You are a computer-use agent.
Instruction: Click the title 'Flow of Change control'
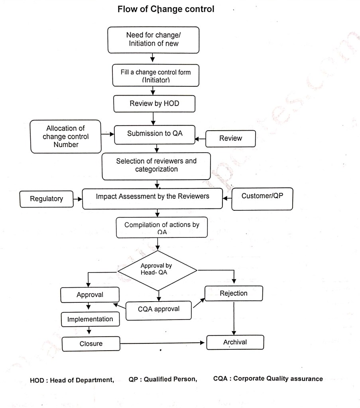click(166, 9)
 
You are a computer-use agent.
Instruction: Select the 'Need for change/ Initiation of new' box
click(153, 40)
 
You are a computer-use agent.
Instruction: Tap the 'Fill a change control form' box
click(155, 76)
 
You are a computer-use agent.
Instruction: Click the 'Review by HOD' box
click(154, 104)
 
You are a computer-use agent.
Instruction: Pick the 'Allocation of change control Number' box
click(66, 137)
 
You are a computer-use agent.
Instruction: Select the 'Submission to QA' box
click(155, 134)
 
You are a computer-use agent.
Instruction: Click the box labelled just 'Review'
click(230, 138)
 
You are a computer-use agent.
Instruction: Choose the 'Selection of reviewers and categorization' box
click(156, 165)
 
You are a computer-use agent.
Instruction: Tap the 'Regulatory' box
click(47, 198)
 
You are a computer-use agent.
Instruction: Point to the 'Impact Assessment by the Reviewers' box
click(152, 197)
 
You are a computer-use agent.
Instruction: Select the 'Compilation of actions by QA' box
click(161, 227)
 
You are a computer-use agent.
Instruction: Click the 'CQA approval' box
click(159, 309)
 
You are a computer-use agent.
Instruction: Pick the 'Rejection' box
click(234, 294)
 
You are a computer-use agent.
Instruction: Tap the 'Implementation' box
click(90, 319)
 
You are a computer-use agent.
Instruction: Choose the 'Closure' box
click(91, 343)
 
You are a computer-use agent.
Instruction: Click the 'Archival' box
click(235, 342)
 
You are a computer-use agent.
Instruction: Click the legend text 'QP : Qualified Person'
click(163, 379)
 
